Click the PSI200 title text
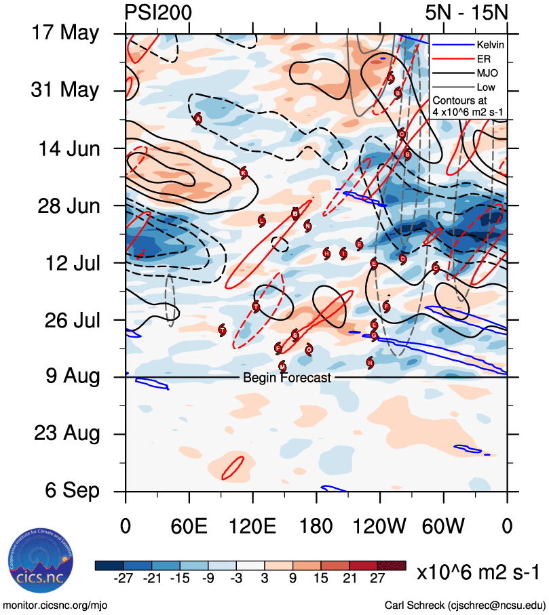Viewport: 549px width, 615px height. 159,13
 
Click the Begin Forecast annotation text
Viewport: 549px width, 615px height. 287,378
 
